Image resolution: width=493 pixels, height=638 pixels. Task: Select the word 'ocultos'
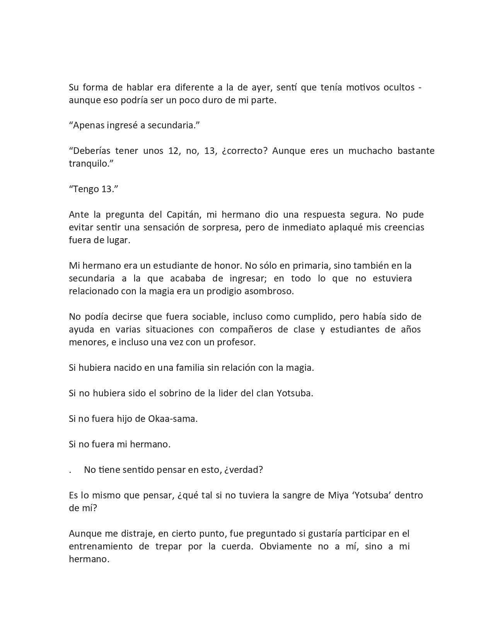(x=399, y=88)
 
